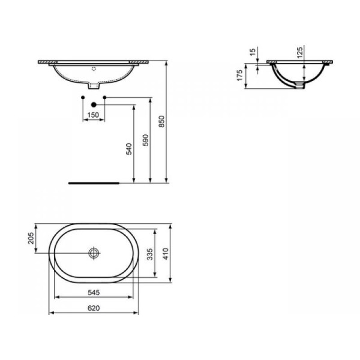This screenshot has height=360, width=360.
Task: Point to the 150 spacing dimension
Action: point(93,115)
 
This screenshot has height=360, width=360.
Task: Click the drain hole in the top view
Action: point(94,253)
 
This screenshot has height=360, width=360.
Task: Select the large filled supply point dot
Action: point(94,104)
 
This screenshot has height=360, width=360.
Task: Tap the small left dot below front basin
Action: point(82,96)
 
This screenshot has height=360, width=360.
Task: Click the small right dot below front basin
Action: point(105,96)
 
